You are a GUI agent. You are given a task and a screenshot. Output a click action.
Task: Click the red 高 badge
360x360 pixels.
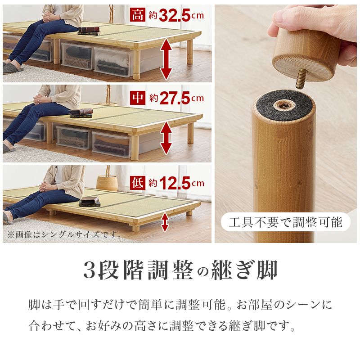(137, 16)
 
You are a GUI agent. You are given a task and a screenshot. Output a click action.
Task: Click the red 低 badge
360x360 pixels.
(137, 183)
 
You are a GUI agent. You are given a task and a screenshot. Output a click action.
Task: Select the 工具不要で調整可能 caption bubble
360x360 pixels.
(285, 222)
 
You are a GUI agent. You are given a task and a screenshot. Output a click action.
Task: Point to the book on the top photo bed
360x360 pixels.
(88, 30)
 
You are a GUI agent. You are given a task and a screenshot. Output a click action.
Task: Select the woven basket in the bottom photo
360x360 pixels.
(107, 183)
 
